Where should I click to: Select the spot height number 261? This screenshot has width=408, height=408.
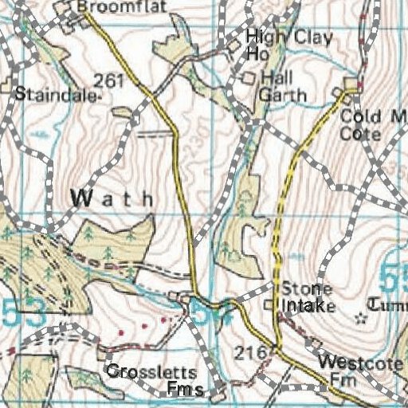pyautogui.click(x=108, y=80)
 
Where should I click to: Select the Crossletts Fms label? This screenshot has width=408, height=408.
pyautogui.click(x=151, y=380)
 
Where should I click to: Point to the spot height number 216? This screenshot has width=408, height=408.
pyautogui.click(x=248, y=351)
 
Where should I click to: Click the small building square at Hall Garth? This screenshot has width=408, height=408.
pyautogui.click(x=247, y=78)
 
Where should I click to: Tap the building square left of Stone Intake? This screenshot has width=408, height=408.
pyautogui.click(x=269, y=305)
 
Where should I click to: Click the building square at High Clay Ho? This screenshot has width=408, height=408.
pyautogui.click(x=233, y=48)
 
